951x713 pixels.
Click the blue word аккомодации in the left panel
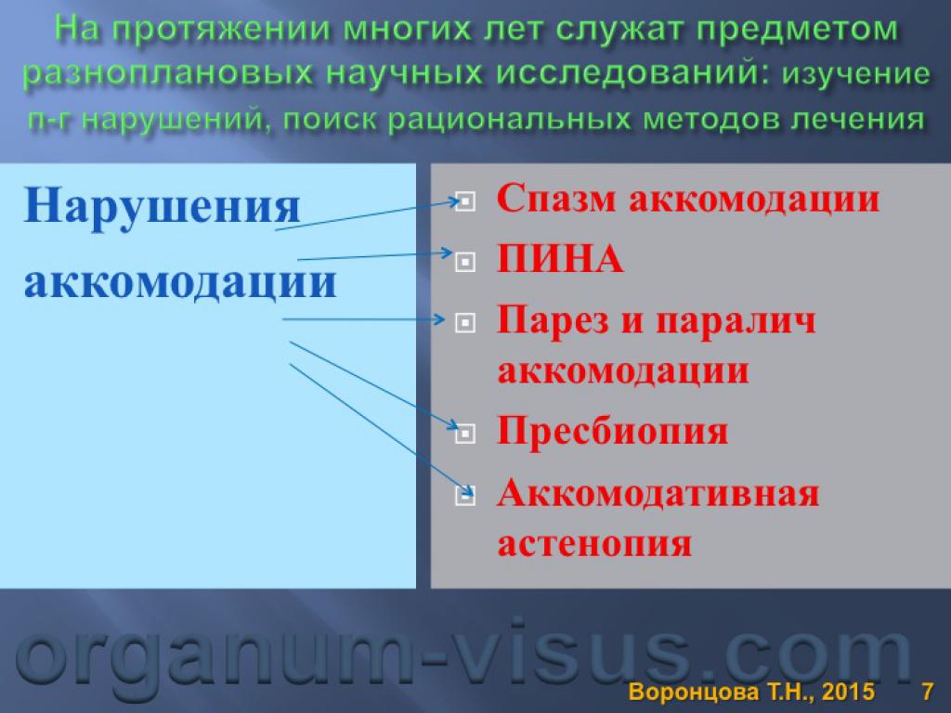[180, 282]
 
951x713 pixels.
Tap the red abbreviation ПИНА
[560, 260]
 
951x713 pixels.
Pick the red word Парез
[553, 320]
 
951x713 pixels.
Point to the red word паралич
[736, 320]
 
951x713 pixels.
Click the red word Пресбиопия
[612, 431]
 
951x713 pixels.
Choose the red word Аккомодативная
[658, 493]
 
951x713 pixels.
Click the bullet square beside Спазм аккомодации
[465, 201]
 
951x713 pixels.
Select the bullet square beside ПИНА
[465, 262]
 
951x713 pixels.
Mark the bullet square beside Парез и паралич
[465, 322]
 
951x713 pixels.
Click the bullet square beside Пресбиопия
[465, 433]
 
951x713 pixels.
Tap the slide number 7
[928, 692]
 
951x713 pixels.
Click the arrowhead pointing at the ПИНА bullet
[448, 253]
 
